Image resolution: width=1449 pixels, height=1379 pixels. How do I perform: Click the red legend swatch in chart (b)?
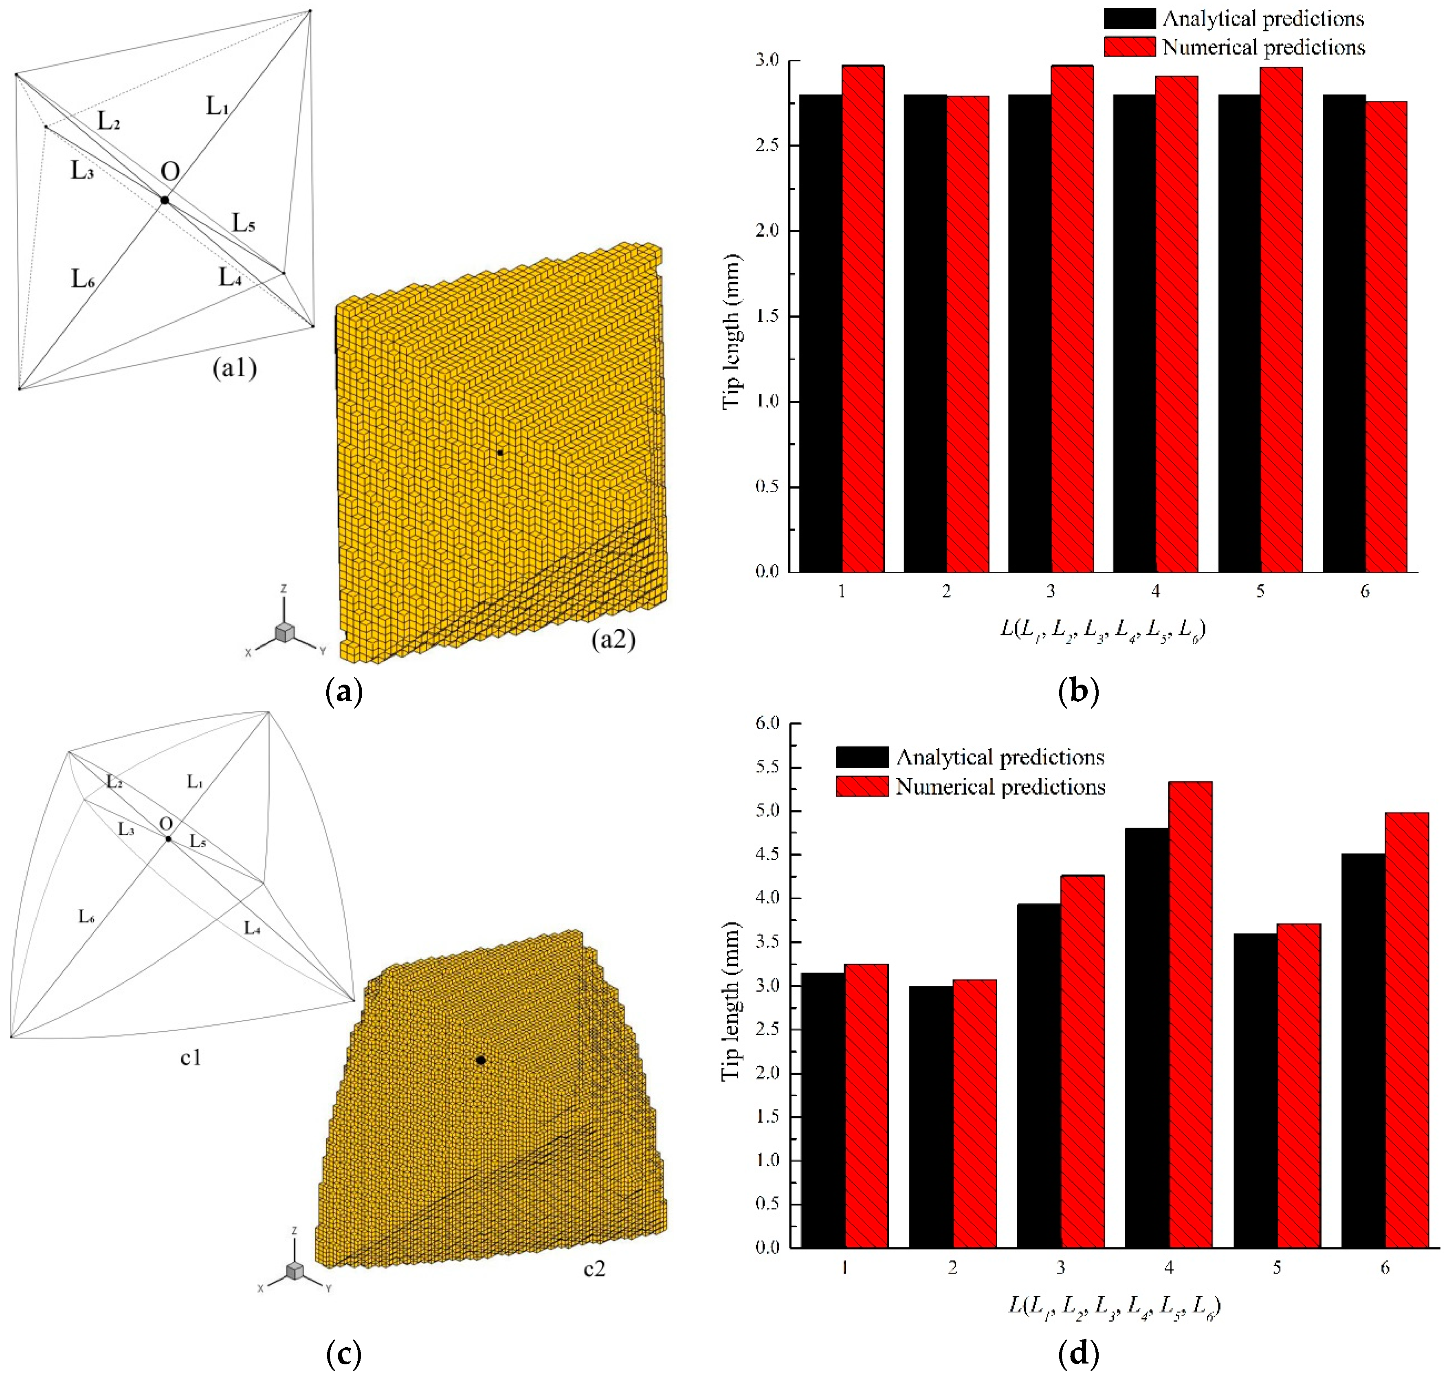[1129, 47]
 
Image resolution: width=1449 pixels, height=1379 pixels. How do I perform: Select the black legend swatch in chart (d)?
[862, 757]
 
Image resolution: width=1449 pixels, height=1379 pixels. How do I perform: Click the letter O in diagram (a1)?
[170, 172]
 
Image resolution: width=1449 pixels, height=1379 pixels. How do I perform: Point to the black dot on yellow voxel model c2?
[481, 1060]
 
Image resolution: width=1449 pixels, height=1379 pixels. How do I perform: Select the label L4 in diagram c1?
[252, 929]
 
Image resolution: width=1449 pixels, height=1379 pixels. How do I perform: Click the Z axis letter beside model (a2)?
[284, 589]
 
